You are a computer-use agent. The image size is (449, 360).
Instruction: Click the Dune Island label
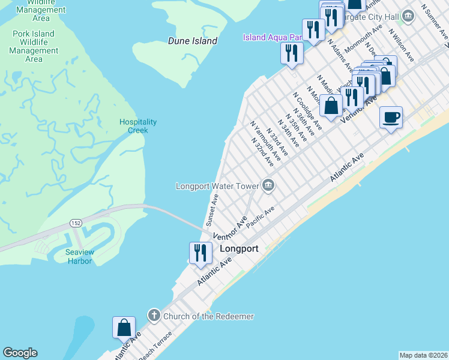click(192, 41)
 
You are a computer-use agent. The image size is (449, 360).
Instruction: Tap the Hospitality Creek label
click(137, 126)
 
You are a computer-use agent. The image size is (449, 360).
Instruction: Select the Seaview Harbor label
click(79, 256)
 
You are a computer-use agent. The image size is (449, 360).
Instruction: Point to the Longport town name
click(239, 248)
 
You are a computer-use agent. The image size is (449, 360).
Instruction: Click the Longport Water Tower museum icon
click(268, 185)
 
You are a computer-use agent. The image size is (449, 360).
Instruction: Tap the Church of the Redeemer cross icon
click(154, 316)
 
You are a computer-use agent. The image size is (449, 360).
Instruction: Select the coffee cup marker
click(391, 117)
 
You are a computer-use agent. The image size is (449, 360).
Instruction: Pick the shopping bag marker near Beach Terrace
click(124, 328)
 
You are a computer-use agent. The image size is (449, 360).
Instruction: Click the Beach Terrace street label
click(155, 346)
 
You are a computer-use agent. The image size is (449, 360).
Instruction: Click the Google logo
click(20, 353)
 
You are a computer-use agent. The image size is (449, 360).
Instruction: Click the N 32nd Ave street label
click(263, 154)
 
